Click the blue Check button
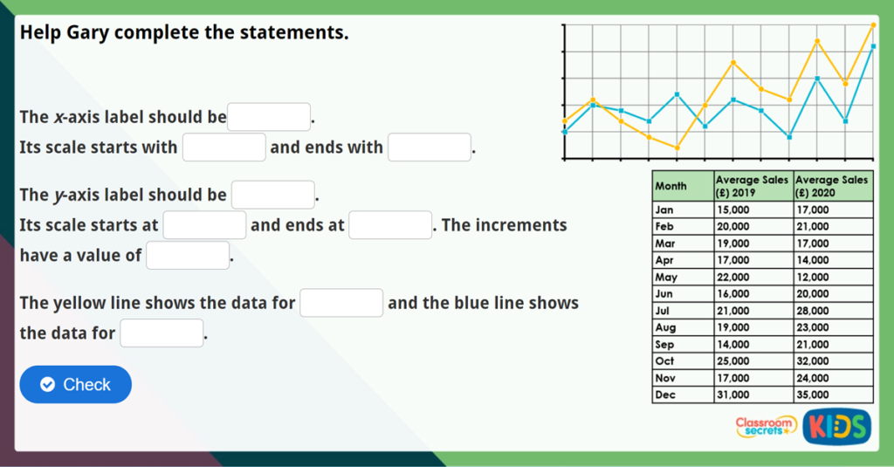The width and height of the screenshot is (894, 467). pos(75,384)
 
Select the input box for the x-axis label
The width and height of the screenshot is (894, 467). pos(269,117)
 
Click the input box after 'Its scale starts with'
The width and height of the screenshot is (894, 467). pos(223,148)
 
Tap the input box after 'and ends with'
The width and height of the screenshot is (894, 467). pos(430,148)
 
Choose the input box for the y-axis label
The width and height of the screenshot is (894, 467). pos(272,195)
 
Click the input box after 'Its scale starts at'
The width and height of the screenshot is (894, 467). pos(204,225)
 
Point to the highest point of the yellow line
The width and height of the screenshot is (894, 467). pos(873,24)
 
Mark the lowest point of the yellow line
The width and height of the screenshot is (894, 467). pos(677,148)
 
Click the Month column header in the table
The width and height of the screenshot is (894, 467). pos(683,186)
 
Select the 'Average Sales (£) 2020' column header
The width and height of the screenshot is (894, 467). pos(833,186)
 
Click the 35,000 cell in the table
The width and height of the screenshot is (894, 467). pos(833,395)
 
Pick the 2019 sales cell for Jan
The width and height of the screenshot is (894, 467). pos(753,210)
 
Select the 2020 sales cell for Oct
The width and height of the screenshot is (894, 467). pos(833,361)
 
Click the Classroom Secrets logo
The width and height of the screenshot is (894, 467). pos(765,426)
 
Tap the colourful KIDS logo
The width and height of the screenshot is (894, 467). pos(836,426)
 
